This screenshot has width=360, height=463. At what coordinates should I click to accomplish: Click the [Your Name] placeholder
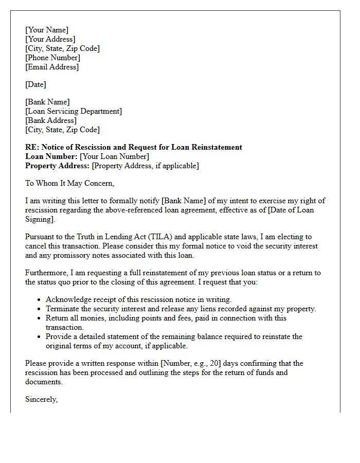pyautogui.click(x=46, y=30)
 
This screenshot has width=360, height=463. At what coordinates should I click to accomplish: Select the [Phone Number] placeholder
pyautogui.click(x=52, y=58)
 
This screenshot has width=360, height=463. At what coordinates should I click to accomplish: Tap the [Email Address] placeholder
pyautogui.click(x=52, y=67)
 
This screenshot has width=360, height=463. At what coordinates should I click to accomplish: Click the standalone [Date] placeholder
pyautogui.click(x=35, y=84)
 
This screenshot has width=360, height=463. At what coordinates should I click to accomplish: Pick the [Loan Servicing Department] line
pyautogui.click(x=74, y=111)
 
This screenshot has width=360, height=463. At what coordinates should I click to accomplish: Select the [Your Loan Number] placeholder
pyautogui.click(x=115, y=156)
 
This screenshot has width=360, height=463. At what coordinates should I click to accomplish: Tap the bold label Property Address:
pyautogui.click(x=57, y=166)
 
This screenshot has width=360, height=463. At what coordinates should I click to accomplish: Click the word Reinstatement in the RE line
pyautogui.click(x=217, y=147)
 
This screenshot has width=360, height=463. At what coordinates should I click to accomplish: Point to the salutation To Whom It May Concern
pyautogui.click(x=69, y=183)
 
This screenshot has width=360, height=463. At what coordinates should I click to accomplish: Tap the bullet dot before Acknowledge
pyautogui.click(x=39, y=299)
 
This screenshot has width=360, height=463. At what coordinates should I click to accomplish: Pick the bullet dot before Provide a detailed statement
pyautogui.click(x=39, y=336)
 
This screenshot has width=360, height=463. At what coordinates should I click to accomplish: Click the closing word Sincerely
pyautogui.click(x=41, y=399)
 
